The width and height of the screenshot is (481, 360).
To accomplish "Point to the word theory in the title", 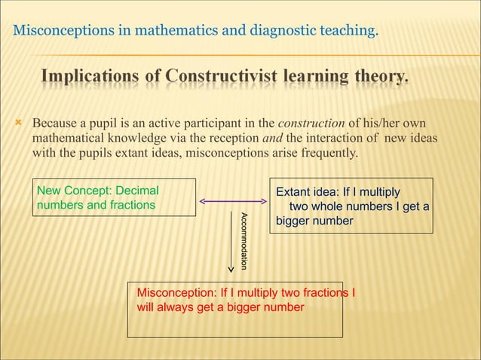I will [377, 78].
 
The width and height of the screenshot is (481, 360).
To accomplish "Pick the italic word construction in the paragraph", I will [311, 123].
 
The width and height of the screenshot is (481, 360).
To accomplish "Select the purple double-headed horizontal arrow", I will [233, 201].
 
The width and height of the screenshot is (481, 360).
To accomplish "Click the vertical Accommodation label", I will [244, 241].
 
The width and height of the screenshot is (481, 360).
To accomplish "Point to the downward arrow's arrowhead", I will [231, 270].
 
